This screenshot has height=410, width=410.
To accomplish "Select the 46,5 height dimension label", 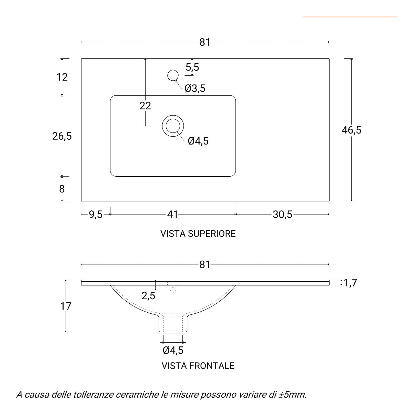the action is [x=351, y=130].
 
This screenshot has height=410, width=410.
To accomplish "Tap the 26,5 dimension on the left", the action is [x=62, y=136].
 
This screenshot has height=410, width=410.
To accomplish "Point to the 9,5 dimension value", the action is [x=96, y=214].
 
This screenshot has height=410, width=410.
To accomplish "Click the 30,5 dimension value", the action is [x=282, y=214].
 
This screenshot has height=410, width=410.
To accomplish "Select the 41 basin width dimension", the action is [x=172, y=214].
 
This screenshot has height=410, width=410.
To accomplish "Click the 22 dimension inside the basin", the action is [x=145, y=106].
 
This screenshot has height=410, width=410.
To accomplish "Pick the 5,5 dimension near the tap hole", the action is [x=192, y=67].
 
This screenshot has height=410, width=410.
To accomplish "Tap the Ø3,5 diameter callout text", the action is [x=195, y=88].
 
